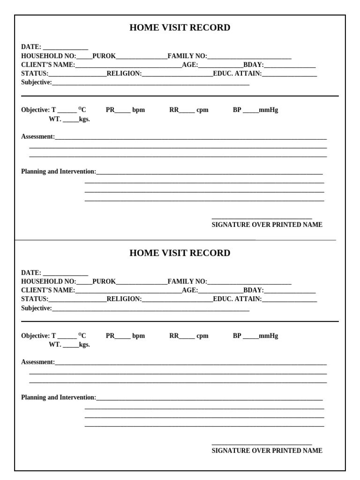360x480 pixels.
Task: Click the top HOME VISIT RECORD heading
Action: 180,28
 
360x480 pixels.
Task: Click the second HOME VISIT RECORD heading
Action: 180,253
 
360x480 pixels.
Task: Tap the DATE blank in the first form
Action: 66,48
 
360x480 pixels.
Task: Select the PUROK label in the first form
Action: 104,56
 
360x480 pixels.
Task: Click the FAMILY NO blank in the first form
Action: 249,57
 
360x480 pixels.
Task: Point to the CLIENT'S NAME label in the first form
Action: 48,65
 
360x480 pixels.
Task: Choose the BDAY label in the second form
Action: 253,290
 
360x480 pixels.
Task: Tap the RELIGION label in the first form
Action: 124,74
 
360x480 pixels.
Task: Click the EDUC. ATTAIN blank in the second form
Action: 289,300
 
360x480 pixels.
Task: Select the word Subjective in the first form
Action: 36,82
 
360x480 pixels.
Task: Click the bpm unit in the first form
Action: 138,110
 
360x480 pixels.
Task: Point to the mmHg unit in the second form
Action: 268,336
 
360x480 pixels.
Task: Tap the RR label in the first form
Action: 174,110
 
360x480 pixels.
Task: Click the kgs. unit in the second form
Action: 84,345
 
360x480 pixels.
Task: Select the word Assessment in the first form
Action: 37,137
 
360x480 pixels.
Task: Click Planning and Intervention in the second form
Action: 58,397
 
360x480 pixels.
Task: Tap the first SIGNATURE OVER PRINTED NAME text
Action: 267,225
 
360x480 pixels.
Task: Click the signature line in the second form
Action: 262,443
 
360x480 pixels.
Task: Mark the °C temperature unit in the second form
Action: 82,335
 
